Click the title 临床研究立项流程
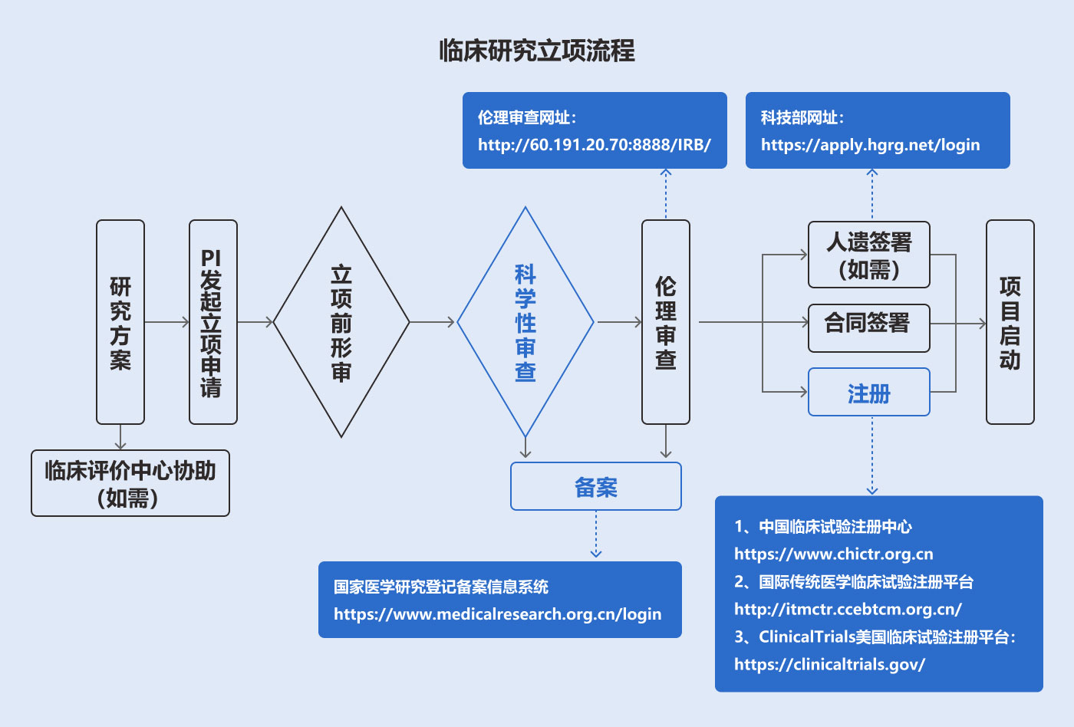coord(537,51)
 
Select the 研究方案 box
coord(120,322)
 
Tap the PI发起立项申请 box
coord(212,322)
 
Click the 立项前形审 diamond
coord(341,322)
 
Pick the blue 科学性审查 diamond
coord(525,322)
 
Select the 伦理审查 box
coord(665,322)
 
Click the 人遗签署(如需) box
coord(868,255)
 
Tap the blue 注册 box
coord(868,393)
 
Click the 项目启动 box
coord(1010,322)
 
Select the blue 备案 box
coord(596,486)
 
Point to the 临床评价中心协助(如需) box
coord(130,483)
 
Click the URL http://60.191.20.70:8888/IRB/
coord(595,145)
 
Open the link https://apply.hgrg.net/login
coord(870,145)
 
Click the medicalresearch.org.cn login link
coord(497,614)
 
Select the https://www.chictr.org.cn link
coord(833,554)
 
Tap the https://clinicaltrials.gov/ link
coord(829,665)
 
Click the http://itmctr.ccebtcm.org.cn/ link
coord(848,610)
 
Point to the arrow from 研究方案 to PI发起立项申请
coord(166,322)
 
